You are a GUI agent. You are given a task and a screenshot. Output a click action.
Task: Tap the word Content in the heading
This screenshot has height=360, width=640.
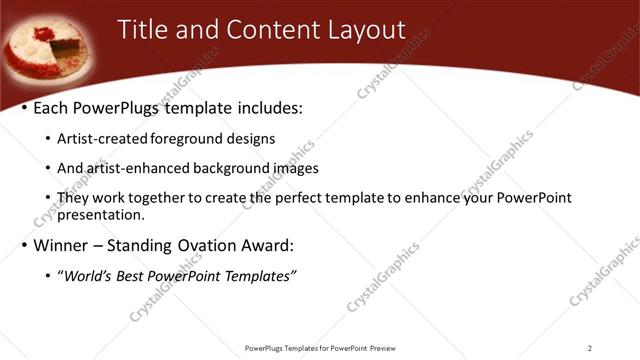pyautogui.click(x=273, y=30)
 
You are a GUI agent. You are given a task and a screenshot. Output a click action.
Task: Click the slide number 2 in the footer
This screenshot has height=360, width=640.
pyautogui.click(x=589, y=348)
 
